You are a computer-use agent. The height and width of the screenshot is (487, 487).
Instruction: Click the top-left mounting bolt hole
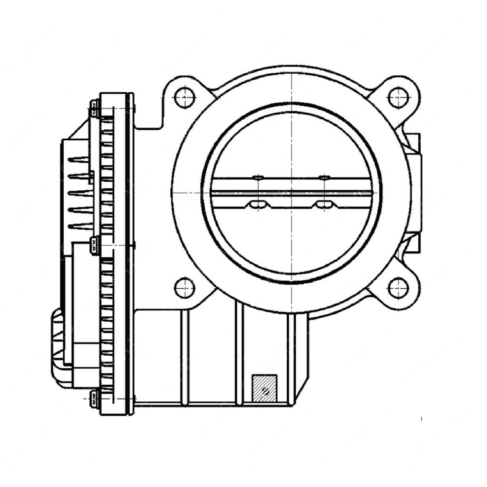[185, 98]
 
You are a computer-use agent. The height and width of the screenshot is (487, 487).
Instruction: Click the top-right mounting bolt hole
[398, 98]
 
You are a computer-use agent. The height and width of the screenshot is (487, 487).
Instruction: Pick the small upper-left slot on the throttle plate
[258, 178]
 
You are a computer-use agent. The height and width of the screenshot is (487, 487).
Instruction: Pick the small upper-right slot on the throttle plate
[324, 178]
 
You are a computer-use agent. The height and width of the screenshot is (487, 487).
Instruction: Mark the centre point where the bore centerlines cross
[291, 193]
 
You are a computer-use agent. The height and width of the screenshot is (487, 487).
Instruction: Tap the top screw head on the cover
[94, 108]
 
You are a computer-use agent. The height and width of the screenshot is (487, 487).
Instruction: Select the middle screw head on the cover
[94, 244]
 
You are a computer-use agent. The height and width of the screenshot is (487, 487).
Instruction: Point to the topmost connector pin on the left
[79, 159]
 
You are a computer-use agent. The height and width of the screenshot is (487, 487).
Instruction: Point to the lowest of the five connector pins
[79, 226]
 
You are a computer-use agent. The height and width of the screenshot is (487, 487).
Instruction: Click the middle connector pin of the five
[79, 193]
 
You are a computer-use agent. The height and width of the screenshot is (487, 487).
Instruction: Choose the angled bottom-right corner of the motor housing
[300, 395]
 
